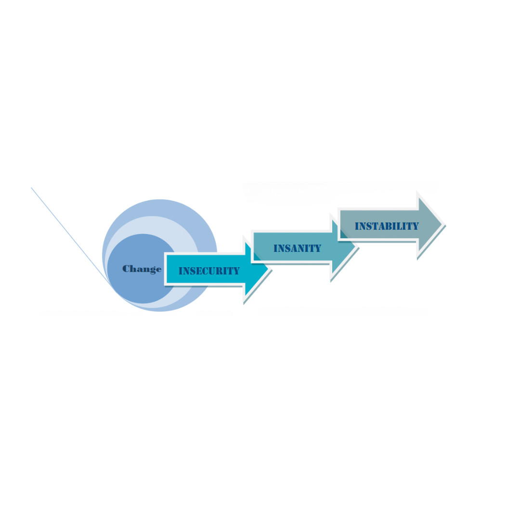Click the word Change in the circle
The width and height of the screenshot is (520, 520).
(142, 269)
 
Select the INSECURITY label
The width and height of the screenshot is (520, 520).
(209, 271)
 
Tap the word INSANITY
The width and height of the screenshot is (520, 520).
(298, 248)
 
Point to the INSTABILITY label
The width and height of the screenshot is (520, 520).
(387, 226)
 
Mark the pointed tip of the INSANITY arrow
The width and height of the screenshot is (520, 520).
(355, 247)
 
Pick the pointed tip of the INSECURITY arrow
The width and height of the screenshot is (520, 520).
(268, 269)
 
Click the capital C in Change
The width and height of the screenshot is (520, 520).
(126, 269)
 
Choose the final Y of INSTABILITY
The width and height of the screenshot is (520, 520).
(416, 226)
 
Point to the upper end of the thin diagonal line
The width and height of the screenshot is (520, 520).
(31, 187)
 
